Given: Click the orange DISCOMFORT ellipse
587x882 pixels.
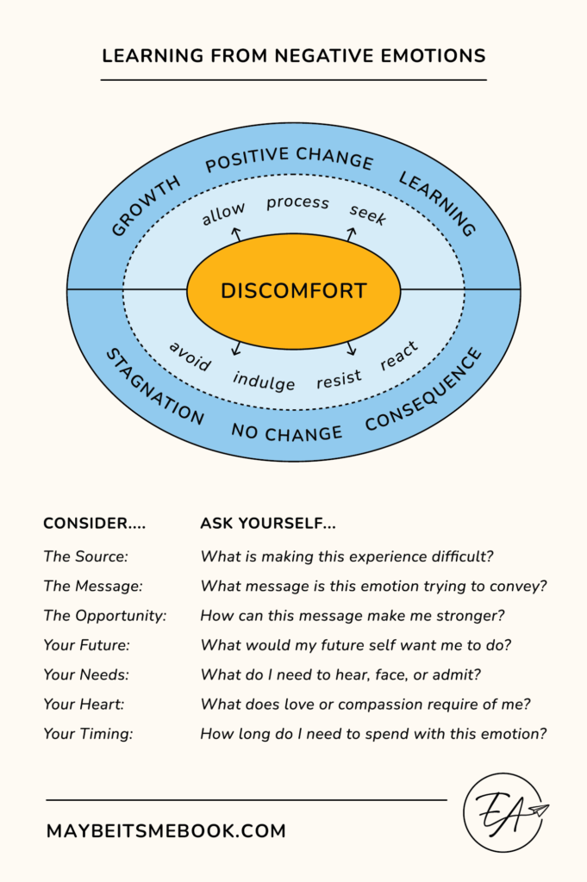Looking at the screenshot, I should coord(293,290).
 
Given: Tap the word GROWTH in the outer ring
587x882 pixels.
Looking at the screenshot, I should coord(147,206).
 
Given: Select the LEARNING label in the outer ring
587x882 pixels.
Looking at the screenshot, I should coord(437,203).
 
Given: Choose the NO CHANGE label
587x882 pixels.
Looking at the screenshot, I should coord(286,432).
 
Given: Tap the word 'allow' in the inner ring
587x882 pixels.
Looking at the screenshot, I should coord(223,213).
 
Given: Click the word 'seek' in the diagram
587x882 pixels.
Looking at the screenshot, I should coord(368,214).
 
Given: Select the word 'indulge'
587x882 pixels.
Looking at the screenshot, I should coord(264,381).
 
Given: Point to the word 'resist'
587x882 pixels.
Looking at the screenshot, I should coord(339,379).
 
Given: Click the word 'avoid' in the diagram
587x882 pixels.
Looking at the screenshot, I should coord(190,356).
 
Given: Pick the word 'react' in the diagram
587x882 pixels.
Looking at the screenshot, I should coord(399,355).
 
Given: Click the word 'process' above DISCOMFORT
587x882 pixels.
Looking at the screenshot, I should coord(297,202).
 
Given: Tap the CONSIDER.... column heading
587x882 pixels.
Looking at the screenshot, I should coord(95,523).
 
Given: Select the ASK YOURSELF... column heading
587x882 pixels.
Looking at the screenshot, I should coord(268,523).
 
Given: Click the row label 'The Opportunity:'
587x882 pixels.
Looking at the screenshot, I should coord(105,616).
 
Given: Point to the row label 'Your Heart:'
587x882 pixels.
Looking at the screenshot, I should coord(84,705).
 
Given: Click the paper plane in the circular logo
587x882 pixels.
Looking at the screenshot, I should coord(539,811).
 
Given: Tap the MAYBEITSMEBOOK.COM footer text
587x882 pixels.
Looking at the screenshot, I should coord(165,831).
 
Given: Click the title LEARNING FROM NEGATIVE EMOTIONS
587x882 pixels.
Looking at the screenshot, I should coord(293,56).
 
